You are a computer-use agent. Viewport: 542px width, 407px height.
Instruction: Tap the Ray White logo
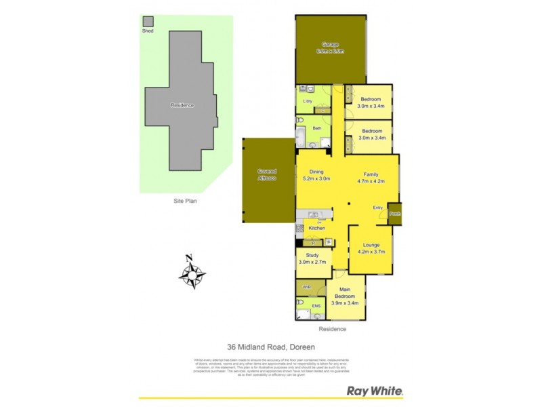pyautogui.click(x=375, y=391)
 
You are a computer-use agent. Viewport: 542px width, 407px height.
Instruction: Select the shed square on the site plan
pyautogui.click(x=148, y=22)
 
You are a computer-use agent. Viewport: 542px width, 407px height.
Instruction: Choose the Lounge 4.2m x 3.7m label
pyautogui.click(x=371, y=248)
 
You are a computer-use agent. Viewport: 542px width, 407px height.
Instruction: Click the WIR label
pyautogui.click(x=306, y=287)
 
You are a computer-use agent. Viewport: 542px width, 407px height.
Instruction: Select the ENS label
pyautogui.click(x=316, y=307)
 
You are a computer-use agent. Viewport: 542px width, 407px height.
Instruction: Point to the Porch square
pyautogui.click(x=394, y=214)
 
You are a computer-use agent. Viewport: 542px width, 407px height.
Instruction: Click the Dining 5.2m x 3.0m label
pyautogui.click(x=316, y=175)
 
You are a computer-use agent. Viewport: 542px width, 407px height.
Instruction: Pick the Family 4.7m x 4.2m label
pyautogui.click(x=371, y=178)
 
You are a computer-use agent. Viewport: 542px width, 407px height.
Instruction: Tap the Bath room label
pyautogui.click(x=316, y=128)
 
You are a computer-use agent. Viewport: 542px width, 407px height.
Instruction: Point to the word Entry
pyautogui.click(x=378, y=208)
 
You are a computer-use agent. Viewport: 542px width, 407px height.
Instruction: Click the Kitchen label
pyautogui.click(x=316, y=228)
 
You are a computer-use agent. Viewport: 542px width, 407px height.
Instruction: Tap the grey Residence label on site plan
pyautogui.click(x=182, y=105)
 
